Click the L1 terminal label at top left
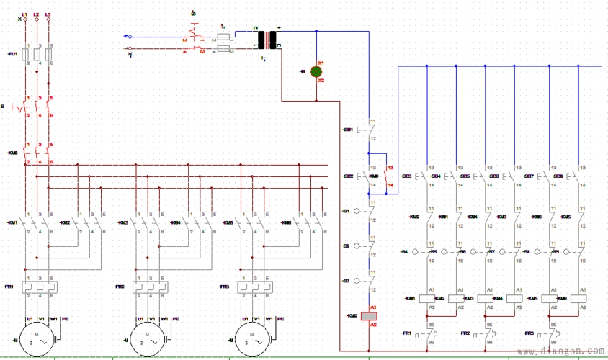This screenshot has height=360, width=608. [x=25, y=14]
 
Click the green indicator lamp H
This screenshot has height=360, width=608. [x=316, y=71]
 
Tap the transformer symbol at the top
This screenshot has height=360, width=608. [x=271, y=40]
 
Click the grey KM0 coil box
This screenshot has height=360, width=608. [x=369, y=316]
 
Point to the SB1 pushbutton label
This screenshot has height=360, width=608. [x=347, y=130]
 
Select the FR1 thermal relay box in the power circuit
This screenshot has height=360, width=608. [x=37, y=287]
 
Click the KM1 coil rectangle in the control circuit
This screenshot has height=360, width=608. [x=429, y=298]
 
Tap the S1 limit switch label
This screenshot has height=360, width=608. [x=346, y=211]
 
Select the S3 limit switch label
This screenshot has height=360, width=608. [x=346, y=280]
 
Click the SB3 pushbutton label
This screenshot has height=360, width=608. [x=407, y=176]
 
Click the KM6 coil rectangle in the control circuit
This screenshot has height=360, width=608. [x=578, y=298]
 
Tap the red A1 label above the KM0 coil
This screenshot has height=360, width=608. [x=372, y=307]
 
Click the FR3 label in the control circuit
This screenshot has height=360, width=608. [x=529, y=333]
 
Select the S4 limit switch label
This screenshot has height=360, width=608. [x=404, y=251]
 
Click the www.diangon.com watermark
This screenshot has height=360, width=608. [x=568, y=351]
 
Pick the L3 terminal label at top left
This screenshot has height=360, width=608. [x=48, y=14]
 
